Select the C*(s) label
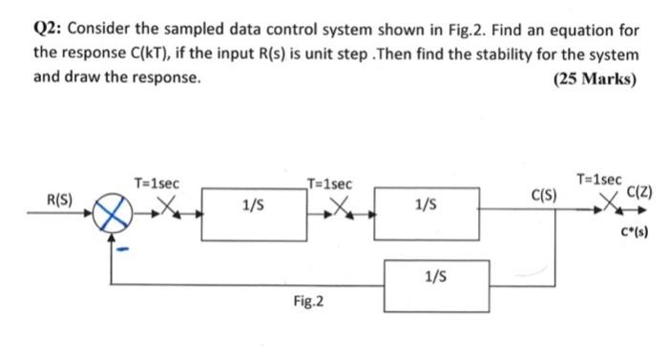[635, 232]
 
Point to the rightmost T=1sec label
[600, 179]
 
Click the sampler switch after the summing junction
[165, 206]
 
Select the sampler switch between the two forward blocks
[339, 206]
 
